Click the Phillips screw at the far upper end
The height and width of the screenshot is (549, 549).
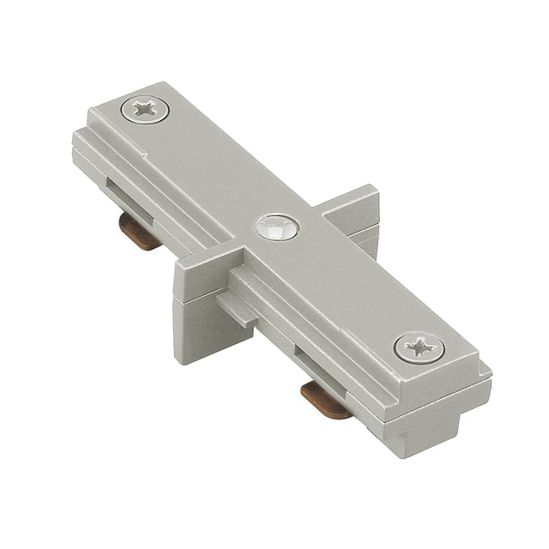(x=144, y=108)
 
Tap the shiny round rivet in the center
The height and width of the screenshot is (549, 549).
(x=277, y=227)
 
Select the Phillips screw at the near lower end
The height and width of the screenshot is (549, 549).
(x=419, y=347)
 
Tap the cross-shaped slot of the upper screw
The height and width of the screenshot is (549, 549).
(x=144, y=108)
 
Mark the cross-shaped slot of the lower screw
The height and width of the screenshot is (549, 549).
(x=419, y=347)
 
